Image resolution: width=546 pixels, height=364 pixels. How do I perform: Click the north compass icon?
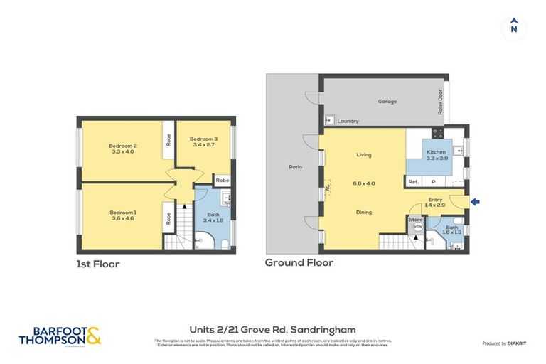tap(513, 28)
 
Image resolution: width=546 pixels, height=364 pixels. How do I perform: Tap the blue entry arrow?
tap(476, 202)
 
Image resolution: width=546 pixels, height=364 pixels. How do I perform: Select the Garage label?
tap(387, 102)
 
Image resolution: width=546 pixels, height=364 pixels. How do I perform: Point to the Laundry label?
tap(348, 121)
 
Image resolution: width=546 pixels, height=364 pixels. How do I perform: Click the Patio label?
tap(295, 167)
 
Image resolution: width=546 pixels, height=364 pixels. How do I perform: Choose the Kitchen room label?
tap(436, 152)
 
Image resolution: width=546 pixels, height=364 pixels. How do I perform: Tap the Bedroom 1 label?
tap(123, 212)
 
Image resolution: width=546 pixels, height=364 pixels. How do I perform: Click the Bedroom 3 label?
tap(204, 139)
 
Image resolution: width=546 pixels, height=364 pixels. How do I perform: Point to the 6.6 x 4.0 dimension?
tap(363, 183)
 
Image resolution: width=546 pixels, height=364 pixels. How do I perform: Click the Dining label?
tap(363, 212)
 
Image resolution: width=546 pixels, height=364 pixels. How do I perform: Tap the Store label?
tap(416, 220)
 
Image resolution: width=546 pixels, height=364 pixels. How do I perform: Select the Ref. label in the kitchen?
tap(413, 182)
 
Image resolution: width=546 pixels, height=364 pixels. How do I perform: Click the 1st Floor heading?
tap(98, 264)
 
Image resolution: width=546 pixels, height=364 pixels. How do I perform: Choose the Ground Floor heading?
tap(299, 262)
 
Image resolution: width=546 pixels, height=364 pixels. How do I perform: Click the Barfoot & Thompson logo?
tap(60, 336)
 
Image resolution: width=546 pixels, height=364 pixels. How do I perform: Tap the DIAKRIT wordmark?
tap(517, 343)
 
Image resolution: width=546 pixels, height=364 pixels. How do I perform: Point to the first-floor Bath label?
tap(213, 214)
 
